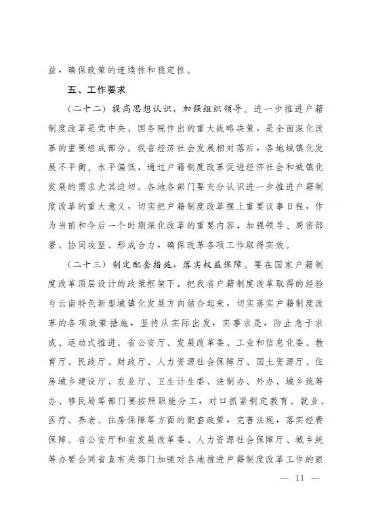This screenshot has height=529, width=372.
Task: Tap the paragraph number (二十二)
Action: click(x=85, y=109)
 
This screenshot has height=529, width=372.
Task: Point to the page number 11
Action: click(x=299, y=477)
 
